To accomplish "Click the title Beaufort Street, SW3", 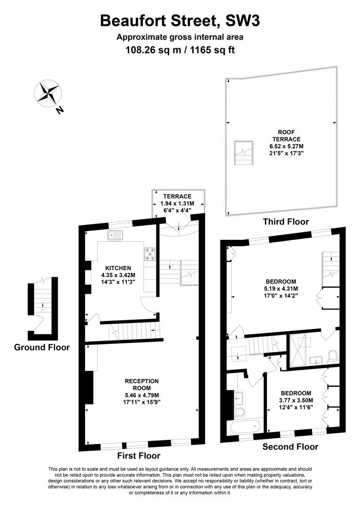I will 180,21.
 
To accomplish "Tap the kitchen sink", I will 115,234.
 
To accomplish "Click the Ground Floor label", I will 42,348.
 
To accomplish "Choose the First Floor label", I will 139,456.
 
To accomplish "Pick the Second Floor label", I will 290,447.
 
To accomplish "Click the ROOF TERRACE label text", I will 289,136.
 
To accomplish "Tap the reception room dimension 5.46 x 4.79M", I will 141,395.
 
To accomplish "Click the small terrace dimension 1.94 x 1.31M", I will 177,204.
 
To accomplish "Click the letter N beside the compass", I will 60,110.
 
